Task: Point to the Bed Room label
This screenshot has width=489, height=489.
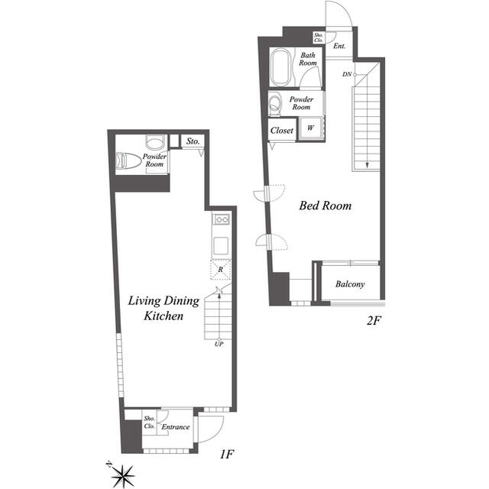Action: [x=325, y=206]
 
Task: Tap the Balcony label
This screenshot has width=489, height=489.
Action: [x=350, y=285]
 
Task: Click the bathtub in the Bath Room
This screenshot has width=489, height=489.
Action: [x=281, y=68]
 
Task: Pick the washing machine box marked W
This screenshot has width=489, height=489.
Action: [x=311, y=129]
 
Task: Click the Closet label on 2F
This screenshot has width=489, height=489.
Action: [x=282, y=131]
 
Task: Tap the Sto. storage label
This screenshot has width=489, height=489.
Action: [x=193, y=141]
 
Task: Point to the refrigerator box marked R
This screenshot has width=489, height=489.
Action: [x=220, y=270]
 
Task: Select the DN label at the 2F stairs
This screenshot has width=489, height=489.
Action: [x=347, y=74]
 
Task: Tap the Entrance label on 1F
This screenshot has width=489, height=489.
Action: [x=175, y=427]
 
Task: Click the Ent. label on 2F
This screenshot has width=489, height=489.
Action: [x=339, y=47]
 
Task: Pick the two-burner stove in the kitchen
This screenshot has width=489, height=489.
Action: [x=221, y=220]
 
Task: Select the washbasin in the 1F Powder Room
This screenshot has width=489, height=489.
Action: [x=155, y=143]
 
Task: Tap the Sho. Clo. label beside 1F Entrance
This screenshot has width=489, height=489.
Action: [x=150, y=423]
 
